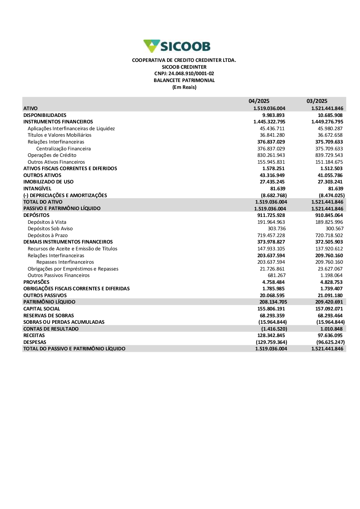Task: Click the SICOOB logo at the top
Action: point(177,46)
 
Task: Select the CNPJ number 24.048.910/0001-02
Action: point(191,74)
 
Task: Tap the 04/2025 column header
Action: point(259,101)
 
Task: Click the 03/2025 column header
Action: point(317,101)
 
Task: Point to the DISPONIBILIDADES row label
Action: point(45,115)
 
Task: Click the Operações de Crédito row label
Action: point(52,155)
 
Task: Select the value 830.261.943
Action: point(271,155)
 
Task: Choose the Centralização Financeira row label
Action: point(63,149)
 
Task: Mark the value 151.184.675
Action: point(329,162)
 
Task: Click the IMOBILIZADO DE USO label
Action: point(48,182)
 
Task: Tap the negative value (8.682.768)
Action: point(274,195)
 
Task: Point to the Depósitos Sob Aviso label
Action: point(50,228)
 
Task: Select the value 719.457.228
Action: point(271,235)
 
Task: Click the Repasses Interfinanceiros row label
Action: point(65,262)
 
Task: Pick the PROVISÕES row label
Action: point(36,282)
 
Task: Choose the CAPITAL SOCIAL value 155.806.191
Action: point(271,309)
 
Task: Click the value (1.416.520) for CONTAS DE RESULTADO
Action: point(274,329)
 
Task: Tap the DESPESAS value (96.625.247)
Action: point(330,342)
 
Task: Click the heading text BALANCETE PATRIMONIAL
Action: point(184,80)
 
